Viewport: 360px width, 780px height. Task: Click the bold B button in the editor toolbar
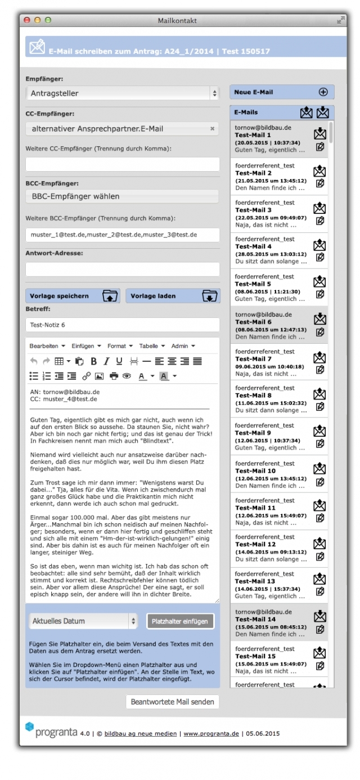point(93,361)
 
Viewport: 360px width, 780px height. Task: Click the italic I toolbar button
point(106,361)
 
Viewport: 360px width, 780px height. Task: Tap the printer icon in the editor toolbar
point(114,376)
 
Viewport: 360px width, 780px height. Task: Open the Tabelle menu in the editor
point(151,346)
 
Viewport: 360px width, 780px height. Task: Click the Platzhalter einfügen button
point(180,621)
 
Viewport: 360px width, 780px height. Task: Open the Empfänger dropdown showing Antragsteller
point(123,93)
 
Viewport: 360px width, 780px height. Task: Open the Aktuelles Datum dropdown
point(83,621)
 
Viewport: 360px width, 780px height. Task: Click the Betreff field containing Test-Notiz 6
point(123,325)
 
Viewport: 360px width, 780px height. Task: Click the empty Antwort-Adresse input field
point(123,269)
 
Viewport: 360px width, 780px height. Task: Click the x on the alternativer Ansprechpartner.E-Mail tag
point(212,129)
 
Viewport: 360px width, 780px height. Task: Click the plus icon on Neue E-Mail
point(323,92)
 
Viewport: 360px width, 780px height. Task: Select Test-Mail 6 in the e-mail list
point(253,322)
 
